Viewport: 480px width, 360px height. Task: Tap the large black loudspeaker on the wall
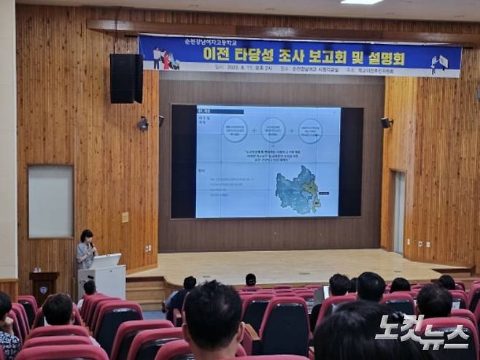[126, 78]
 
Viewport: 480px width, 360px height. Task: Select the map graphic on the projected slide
[298, 189]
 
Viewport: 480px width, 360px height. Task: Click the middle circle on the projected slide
[273, 130]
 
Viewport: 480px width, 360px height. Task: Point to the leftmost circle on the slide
[235, 130]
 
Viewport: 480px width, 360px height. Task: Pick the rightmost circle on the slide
[310, 130]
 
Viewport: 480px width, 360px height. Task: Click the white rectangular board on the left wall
[50, 202]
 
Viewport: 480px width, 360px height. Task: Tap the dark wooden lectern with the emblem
[44, 286]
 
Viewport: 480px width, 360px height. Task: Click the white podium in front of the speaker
[104, 277]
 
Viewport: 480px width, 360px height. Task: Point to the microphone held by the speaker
[93, 246]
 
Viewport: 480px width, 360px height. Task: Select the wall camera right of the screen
[386, 123]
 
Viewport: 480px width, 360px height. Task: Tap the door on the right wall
[399, 212]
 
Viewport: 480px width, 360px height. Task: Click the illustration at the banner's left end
[164, 59]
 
